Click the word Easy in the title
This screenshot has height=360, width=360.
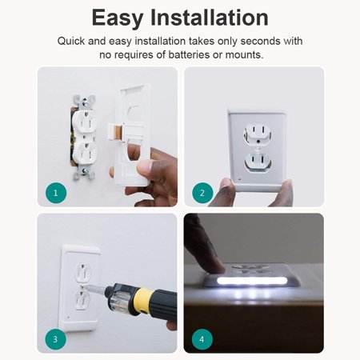click(x=117, y=18)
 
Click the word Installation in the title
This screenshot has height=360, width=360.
click(x=210, y=18)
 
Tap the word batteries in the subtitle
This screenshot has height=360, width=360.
click(x=189, y=54)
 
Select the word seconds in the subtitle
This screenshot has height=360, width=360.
click(x=260, y=41)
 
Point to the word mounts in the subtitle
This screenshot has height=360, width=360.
click(x=244, y=55)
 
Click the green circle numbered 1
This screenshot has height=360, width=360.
click(x=56, y=193)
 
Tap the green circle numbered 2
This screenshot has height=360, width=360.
click(x=202, y=193)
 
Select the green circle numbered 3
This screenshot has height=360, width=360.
click(x=55, y=339)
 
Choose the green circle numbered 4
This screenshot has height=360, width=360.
click(x=202, y=339)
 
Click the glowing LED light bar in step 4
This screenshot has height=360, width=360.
click(x=252, y=281)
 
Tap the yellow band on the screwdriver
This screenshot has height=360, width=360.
click(x=145, y=301)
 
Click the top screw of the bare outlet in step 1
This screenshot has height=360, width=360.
click(x=85, y=102)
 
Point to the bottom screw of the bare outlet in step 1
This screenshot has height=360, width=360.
click(x=84, y=171)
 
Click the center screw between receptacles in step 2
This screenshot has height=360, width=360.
click(x=258, y=142)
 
